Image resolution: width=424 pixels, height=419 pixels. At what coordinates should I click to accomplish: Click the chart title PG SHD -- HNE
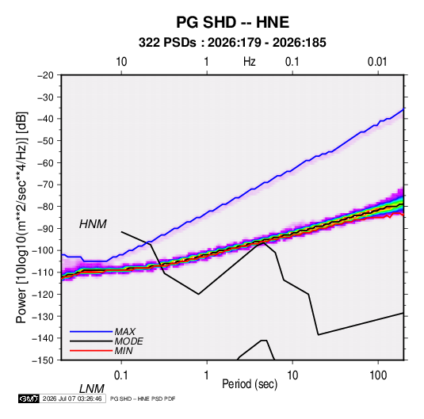click(x=232, y=22)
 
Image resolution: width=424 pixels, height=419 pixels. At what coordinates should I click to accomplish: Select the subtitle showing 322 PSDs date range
click(x=232, y=43)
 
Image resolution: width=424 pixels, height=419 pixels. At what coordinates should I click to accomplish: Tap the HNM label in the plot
click(x=93, y=224)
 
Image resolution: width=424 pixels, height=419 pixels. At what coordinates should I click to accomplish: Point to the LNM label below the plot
click(x=91, y=389)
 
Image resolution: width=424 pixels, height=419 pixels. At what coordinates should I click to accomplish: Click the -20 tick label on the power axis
click(x=45, y=75)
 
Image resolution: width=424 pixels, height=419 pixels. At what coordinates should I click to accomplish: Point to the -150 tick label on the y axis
click(x=43, y=360)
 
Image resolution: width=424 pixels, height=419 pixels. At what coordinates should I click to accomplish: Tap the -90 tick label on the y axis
click(x=45, y=229)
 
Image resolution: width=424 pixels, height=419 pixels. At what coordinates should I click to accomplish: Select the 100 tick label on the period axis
click(x=378, y=375)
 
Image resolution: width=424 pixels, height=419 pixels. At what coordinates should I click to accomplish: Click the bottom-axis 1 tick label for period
click(x=207, y=375)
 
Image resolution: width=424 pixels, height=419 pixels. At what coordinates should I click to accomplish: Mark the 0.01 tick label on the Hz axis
click(x=377, y=62)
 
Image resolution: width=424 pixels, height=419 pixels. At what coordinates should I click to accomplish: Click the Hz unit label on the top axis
click(x=250, y=62)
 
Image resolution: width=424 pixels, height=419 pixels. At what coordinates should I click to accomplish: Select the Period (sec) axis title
click(x=250, y=384)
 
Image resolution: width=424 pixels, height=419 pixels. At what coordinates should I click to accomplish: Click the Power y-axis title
click(x=21, y=217)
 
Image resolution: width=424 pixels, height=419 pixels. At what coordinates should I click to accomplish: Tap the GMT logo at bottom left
click(x=29, y=398)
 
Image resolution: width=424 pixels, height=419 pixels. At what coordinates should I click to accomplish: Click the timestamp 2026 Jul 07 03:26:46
click(x=72, y=398)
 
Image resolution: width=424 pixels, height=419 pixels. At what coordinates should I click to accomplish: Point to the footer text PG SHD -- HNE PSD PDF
click(x=143, y=398)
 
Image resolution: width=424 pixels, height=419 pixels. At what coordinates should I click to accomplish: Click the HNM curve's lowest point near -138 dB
click(x=319, y=335)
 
